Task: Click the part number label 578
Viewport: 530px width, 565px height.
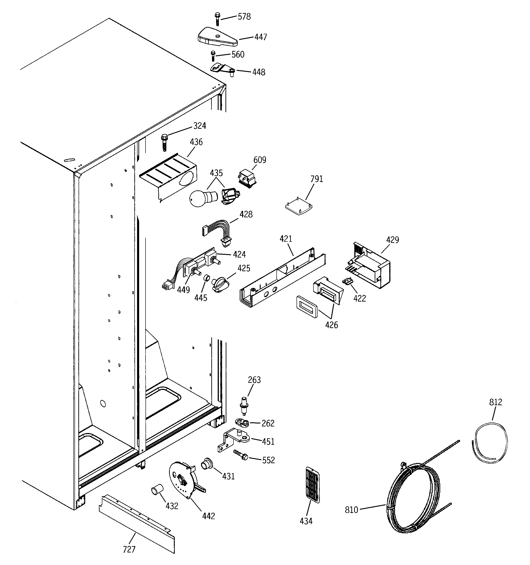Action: pyautogui.click(x=244, y=17)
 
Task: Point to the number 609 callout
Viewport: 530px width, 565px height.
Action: pyautogui.click(x=260, y=160)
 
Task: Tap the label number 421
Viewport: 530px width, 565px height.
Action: pyautogui.click(x=286, y=239)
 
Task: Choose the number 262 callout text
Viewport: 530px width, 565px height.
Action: pyautogui.click(x=268, y=423)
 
